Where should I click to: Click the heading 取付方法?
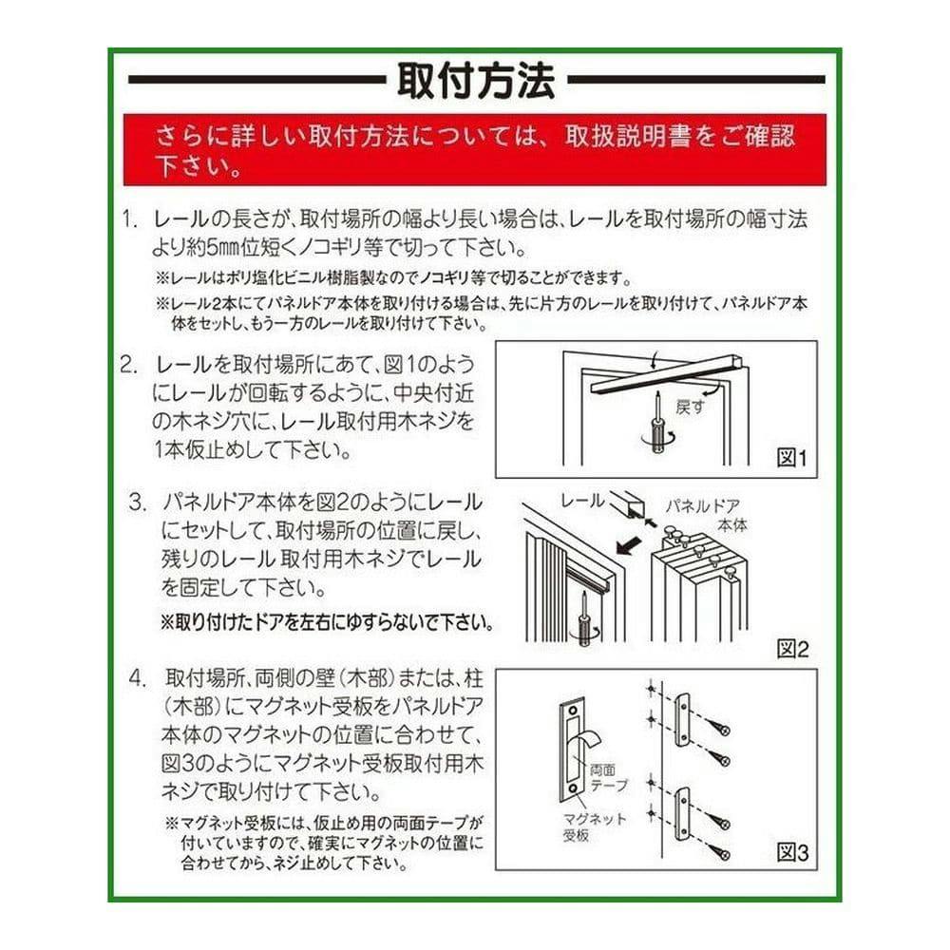(476, 81)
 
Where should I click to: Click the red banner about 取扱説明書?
(474, 150)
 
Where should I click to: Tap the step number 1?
(130, 219)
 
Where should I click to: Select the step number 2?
(129, 365)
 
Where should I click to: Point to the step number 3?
(138, 503)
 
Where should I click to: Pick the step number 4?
(138, 678)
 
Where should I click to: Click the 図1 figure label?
(792, 458)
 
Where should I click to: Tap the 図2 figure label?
(792, 650)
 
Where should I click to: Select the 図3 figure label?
(792, 853)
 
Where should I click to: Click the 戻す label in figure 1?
(690, 408)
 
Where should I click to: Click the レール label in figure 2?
(582, 501)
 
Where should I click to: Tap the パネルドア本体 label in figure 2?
(704, 516)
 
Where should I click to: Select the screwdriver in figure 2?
(584, 621)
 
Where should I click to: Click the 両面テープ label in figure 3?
(608, 778)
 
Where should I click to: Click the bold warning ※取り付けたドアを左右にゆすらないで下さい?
(327, 622)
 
